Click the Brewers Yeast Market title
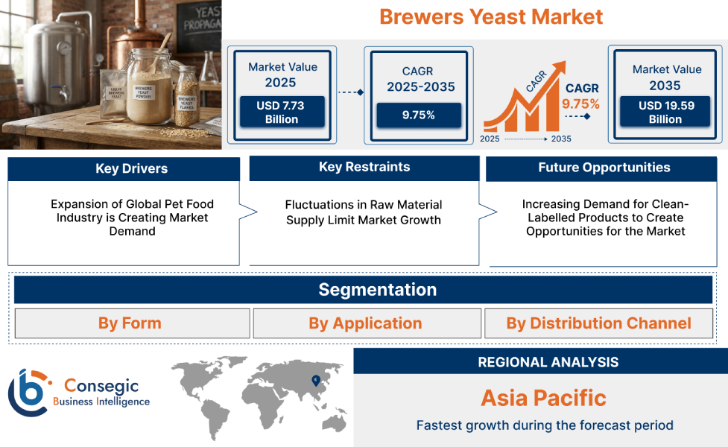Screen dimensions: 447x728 click(x=491, y=16)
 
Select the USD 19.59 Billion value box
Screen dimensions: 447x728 click(x=665, y=112)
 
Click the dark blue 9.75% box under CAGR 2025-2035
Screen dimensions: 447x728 click(x=419, y=115)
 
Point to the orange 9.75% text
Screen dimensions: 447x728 click(x=580, y=104)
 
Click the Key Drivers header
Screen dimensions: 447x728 click(x=124, y=169)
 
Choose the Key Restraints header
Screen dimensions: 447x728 click(x=364, y=168)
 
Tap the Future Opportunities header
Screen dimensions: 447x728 click(x=604, y=168)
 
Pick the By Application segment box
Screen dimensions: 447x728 click(x=365, y=323)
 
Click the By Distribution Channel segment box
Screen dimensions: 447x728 click(x=598, y=323)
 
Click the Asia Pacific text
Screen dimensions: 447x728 click(x=543, y=397)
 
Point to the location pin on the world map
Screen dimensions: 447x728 click(x=316, y=381)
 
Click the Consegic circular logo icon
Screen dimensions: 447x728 click(x=28, y=392)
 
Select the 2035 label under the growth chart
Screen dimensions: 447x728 click(x=560, y=139)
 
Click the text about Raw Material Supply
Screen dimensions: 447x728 click(x=364, y=212)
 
